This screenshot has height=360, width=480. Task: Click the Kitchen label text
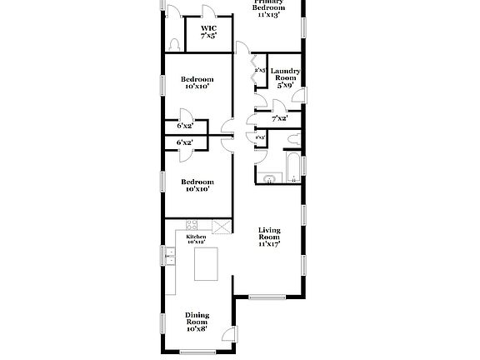click(x=197, y=238)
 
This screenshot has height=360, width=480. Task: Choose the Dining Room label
click(x=197, y=321)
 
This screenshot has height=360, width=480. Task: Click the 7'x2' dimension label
click(x=279, y=118)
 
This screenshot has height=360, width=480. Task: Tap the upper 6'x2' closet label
click(x=184, y=126)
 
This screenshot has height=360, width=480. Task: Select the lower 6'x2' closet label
click(x=184, y=142)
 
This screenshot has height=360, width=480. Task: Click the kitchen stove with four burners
click(x=192, y=224)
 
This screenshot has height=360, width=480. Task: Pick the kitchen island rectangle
click(x=206, y=266)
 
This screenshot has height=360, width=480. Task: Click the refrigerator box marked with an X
click(x=221, y=225)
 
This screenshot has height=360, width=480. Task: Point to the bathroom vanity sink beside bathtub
click(x=268, y=177)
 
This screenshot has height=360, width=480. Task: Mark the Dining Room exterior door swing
click(x=227, y=337)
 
